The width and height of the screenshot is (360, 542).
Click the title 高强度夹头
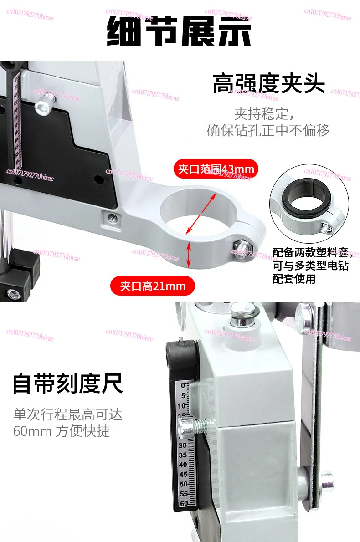tap(269, 84)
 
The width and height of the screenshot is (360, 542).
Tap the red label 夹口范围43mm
tap(216, 169)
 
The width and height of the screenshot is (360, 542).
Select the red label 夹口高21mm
tap(153, 286)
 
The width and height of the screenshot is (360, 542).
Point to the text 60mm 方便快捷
tap(62, 431)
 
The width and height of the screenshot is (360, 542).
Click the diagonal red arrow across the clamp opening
tap(201, 213)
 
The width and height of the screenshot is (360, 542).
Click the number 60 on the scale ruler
tap(183, 503)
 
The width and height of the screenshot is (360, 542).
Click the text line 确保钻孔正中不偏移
tap(268, 131)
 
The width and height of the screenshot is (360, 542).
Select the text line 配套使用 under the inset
tap(294, 279)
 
